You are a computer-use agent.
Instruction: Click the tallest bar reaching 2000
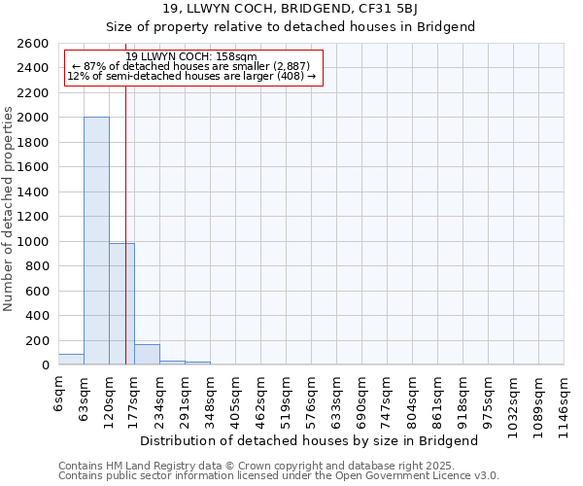pyautogui.click(x=96, y=241)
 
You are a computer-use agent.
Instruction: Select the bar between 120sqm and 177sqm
pyautogui.click(x=121, y=304)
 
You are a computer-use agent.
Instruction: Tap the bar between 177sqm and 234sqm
pyautogui.click(x=147, y=355)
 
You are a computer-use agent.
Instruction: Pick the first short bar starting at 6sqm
pyautogui.click(x=71, y=360)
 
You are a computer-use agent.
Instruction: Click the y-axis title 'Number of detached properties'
pyautogui.click(x=9, y=222)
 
